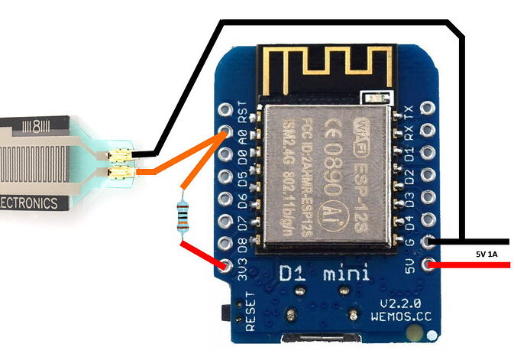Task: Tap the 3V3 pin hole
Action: (225, 266)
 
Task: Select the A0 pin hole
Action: (225, 131)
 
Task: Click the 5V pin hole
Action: (430, 265)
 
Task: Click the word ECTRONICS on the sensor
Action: (29, 203)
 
